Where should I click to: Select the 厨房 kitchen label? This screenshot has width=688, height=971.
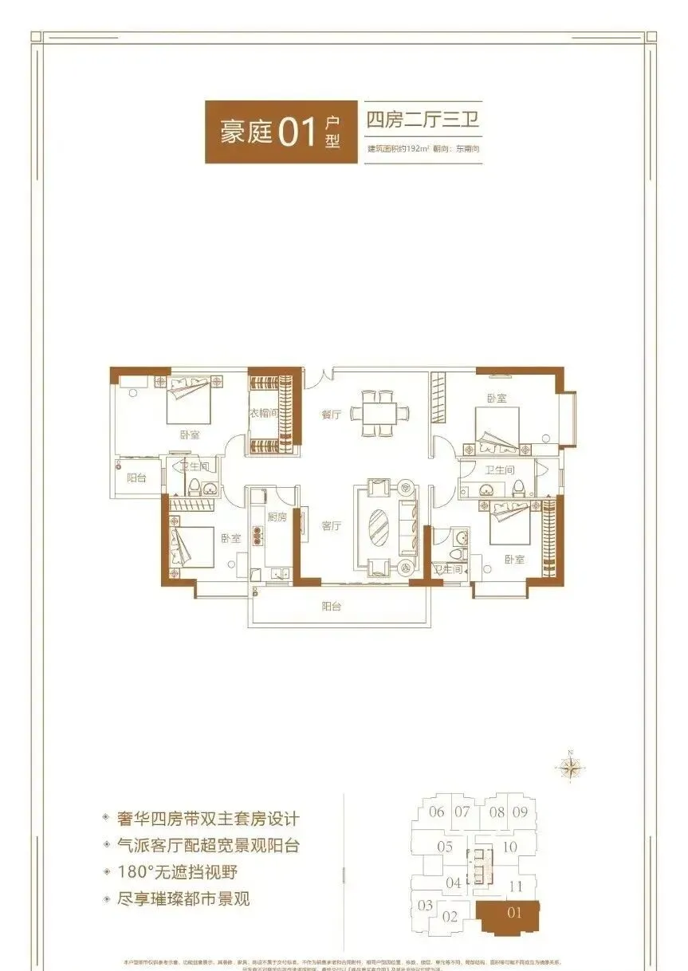click(277, 517)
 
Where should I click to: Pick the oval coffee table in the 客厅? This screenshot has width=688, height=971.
click(379, 527)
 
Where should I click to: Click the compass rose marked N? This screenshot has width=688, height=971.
click(571, 767)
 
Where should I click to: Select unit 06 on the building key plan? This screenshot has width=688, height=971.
click(436, 812)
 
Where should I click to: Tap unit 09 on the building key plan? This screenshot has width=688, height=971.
click(520, 812)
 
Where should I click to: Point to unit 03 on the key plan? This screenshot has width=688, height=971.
click(425, 905)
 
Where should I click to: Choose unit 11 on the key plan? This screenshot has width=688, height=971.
click(515, 886)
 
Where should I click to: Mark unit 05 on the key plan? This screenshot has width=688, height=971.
click(445, 847)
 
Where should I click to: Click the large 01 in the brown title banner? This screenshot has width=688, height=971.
click(298, 132)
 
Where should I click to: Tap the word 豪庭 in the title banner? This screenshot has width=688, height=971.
click(246, 132)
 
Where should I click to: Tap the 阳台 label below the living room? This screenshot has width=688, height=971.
click(332, 607)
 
